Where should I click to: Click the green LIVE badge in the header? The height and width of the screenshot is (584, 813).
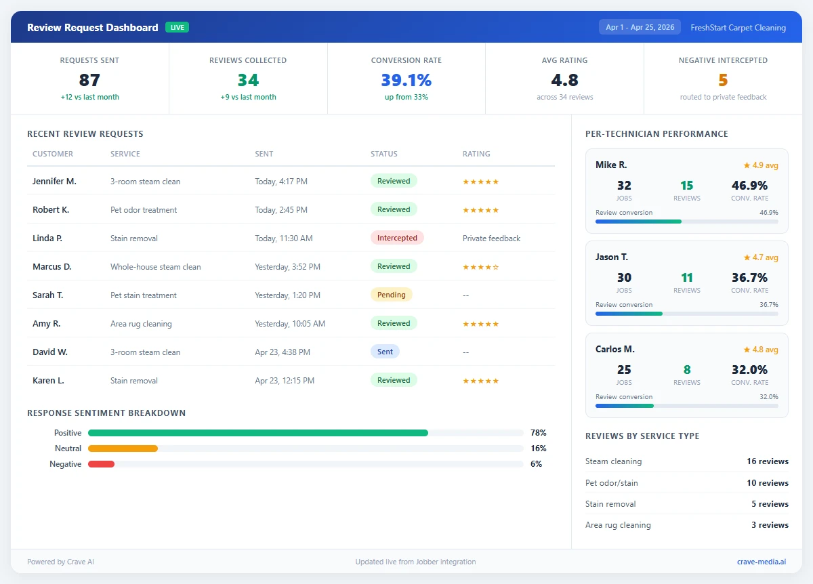point(177,28)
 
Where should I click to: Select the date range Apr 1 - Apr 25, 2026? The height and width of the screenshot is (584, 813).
point(640,28)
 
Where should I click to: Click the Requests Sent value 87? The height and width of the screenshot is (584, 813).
point(89,80)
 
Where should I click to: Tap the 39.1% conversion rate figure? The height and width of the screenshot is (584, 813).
point(406,80)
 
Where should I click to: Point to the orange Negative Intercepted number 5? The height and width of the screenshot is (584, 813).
point(723,80)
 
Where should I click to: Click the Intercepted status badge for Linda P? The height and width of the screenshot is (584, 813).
point(397,238)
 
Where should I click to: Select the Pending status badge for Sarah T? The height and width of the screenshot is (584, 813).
point(391,295)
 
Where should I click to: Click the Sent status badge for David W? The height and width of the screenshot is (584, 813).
point(385,352)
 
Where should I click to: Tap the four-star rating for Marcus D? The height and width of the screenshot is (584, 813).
point(480,267)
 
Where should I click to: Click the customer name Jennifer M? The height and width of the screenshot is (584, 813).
point(54,181)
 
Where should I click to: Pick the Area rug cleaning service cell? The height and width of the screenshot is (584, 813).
point(141,324)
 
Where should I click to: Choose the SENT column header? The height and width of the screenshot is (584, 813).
point(264,154)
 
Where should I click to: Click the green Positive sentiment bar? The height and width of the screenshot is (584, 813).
point(257,433)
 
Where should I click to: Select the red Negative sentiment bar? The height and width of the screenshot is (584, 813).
point(101,464)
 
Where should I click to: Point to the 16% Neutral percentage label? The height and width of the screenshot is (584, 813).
point(539,449)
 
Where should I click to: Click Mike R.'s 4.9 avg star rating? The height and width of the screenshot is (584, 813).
point(761,165)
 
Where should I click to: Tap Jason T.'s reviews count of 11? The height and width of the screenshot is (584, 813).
point(687,277)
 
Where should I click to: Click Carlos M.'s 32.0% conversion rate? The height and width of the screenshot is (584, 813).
point(749,369)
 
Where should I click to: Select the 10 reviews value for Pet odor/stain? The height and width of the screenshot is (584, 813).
point(768,483)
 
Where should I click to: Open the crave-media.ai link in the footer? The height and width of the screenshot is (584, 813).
point(762,562)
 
